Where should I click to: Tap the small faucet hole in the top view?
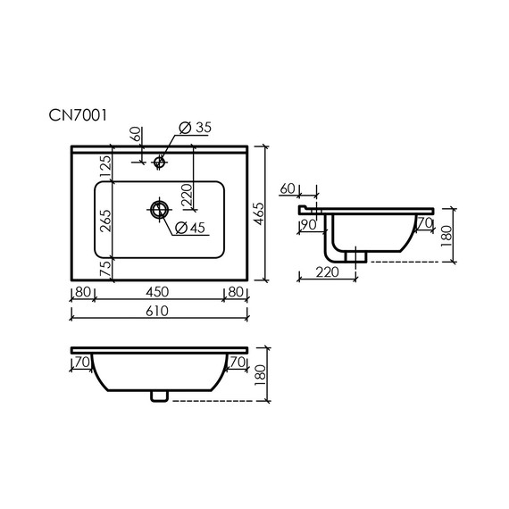pos(160,163)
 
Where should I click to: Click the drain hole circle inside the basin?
pos(160,210)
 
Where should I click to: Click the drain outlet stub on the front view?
pos(160,395)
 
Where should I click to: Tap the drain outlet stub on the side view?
pos(359,254)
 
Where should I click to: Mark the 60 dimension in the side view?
pos(288,188)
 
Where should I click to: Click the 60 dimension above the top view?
pos(135,135)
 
